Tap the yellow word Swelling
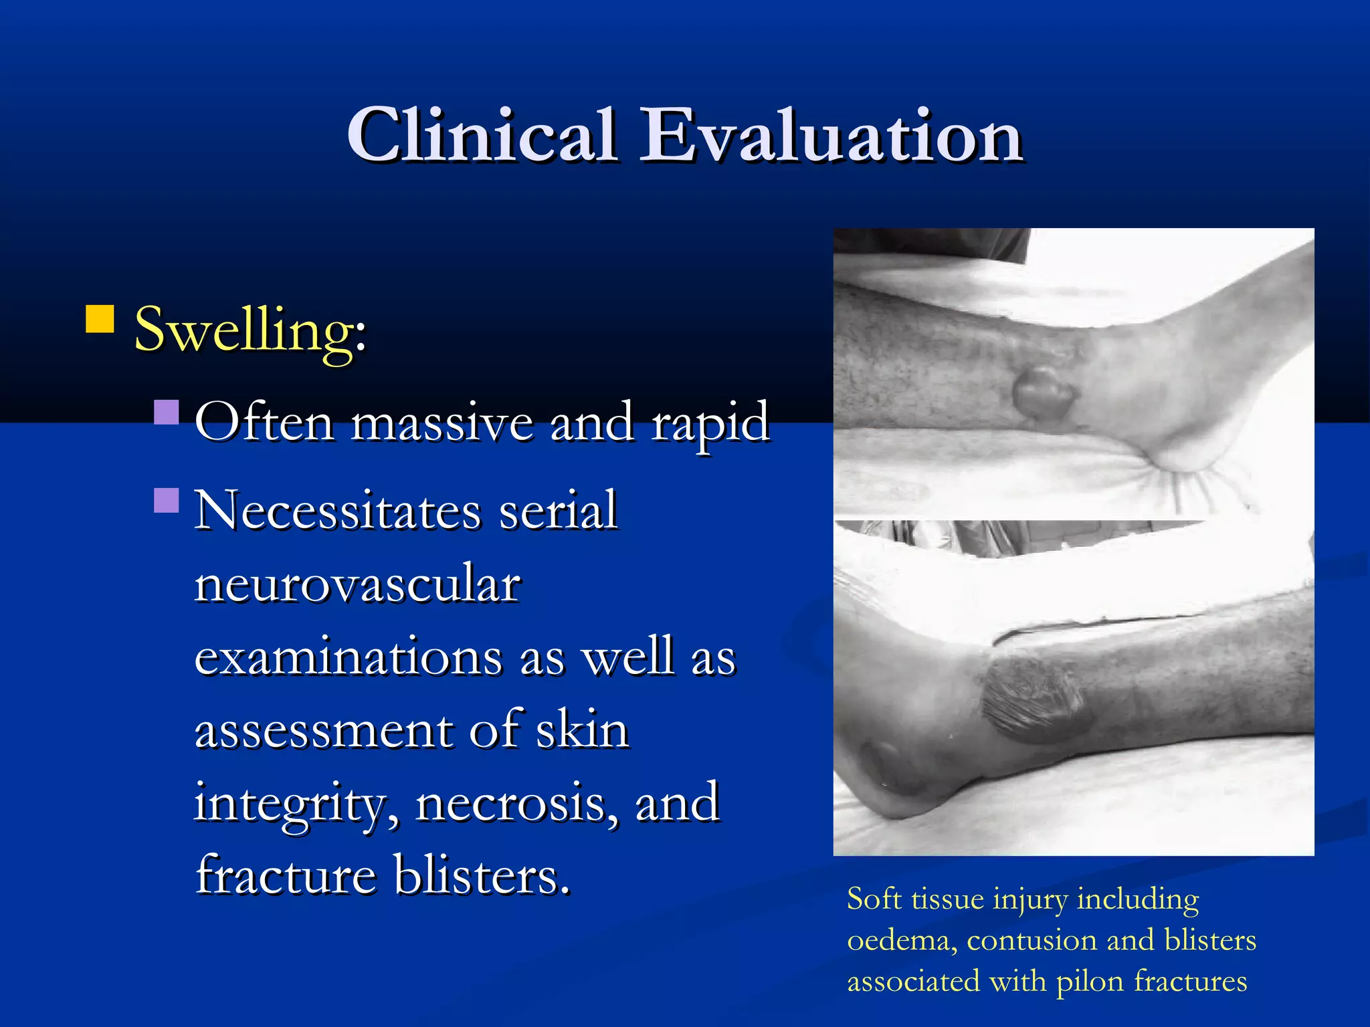(x=249, y=330)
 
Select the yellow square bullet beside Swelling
(x=100, y=319)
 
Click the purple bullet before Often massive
(x=167, y=413)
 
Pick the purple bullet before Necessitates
(x=167, y=500)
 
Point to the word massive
(x=442, y=423)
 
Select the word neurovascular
(x=358, y=584)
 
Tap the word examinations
(x=349, y=657)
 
